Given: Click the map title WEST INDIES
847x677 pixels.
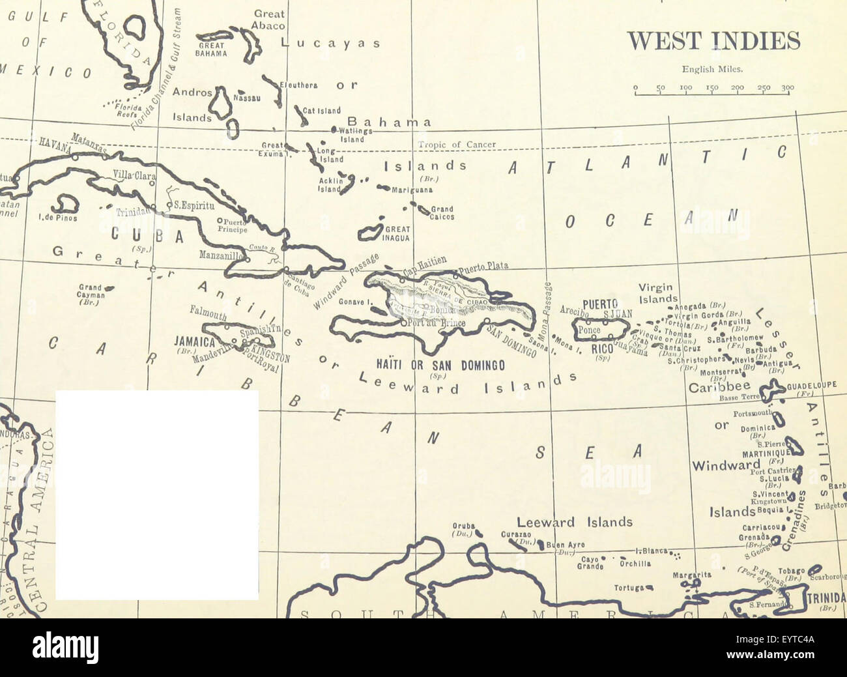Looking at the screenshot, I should [x=713, y=41].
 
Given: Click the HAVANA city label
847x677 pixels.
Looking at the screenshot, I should [x=55, y=145].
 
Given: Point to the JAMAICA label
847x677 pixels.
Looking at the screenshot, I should [x=194, y=341].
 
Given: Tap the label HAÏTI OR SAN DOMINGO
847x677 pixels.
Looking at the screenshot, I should [x=440, y=366].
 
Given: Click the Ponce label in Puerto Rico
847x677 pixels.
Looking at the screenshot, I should [x=589, y=330].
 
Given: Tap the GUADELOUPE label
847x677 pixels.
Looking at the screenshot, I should [x=811, y=385].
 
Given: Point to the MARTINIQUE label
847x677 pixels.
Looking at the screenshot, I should [x=767, y=453].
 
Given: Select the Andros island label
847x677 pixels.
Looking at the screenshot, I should [x=192, y=93].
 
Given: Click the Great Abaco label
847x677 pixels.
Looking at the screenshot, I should [x=269, y=20].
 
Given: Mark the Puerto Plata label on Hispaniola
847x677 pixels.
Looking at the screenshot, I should [x=483, y=267].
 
